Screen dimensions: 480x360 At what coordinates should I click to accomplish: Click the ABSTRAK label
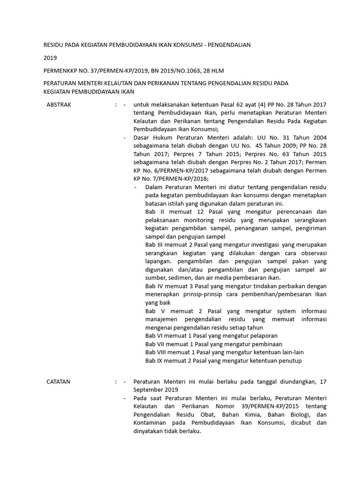(59, 105)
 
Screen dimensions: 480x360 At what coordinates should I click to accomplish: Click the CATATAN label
(59, 382)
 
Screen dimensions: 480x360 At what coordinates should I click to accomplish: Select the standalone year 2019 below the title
(50, 58)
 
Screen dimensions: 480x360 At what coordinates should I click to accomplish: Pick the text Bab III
(154, 245)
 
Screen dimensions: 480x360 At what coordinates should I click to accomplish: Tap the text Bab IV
(154, 286)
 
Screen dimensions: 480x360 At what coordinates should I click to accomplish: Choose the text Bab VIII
(156, 352)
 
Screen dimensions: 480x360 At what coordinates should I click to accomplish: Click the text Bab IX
(153, 360)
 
